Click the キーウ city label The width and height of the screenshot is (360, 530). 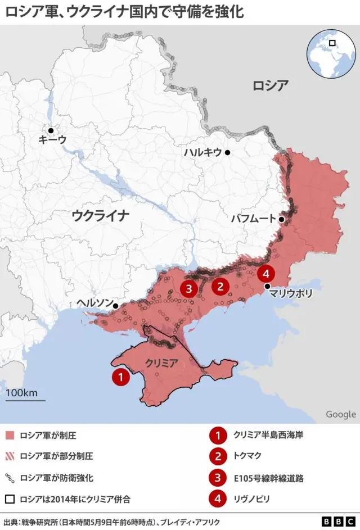pos(52,139)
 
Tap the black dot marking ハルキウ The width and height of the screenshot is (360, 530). pos(228,152)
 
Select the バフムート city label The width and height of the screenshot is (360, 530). pos(253,219)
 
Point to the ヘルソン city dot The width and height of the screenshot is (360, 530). pos(115,306)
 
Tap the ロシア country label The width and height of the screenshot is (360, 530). pos(270,85)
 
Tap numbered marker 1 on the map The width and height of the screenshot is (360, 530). pos(120,377)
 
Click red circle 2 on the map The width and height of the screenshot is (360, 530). pos(220,287)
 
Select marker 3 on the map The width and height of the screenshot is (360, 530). pos(188,289)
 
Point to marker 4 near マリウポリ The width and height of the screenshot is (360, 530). pos(266,274)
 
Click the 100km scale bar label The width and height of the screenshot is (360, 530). pos(22,392)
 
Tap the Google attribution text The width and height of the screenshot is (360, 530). pos(340,414)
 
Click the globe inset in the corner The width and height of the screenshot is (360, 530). pos(331,53)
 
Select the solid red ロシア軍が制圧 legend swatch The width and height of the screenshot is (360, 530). pos(9,436)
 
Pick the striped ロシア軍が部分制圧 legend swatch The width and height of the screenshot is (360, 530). pos(9,456)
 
